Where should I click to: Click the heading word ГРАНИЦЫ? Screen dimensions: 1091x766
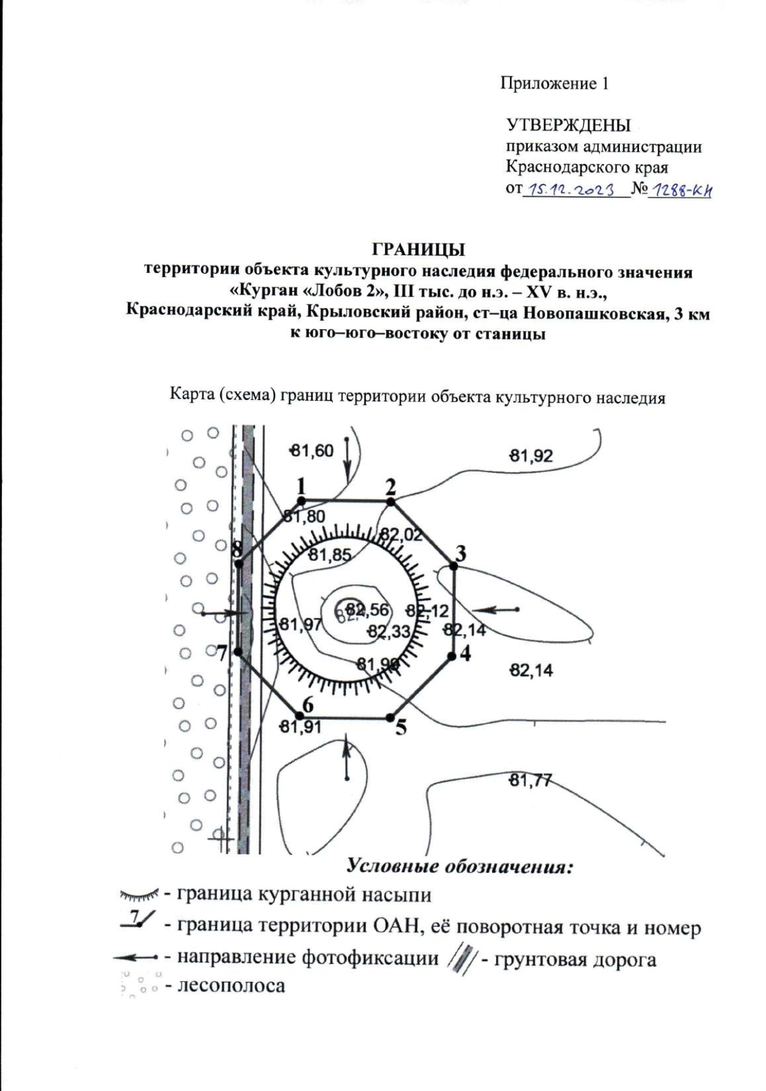click(418, 249)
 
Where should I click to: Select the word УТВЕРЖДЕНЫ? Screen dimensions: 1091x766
click(569, 125)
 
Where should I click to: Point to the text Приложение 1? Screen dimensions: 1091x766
click(554, 84)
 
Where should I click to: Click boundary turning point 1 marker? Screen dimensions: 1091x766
click(302, 501)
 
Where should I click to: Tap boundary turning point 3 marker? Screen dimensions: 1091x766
click(454, 566)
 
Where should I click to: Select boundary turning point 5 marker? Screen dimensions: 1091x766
click(389, 718)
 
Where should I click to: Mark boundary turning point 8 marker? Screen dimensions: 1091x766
click(237, 564)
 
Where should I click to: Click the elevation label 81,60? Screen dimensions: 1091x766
click(312, 451)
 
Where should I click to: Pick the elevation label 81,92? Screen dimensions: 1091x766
click(531, 456)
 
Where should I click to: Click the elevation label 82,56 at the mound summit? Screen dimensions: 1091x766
click(367, 609)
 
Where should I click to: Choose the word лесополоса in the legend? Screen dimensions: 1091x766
click(232, 984)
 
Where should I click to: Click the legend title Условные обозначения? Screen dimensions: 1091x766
click(459, 866)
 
